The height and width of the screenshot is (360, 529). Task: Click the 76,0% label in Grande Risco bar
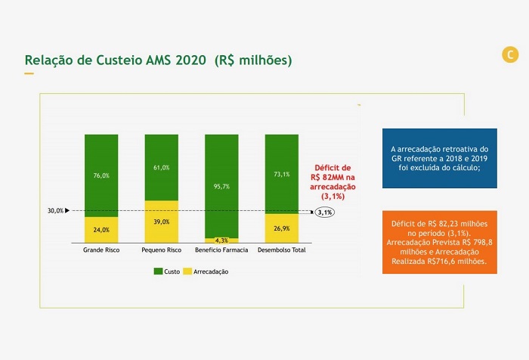pyautogui.click(x=101, y=175)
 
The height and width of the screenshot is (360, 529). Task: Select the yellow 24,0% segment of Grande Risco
pyautogui.click(x=101, y=229)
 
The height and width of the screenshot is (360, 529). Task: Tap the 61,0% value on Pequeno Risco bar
pyautogui.click(x=162, y=167)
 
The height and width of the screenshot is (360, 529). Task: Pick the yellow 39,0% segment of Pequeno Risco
pyautogui.click(x=162, y=222)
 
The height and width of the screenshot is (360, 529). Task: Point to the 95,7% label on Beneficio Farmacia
pyautogui.click(x=222, y=186)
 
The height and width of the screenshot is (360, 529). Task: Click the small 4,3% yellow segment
pyautogui.click(x=222, y=241)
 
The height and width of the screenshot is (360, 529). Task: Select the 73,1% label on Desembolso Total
pyautogui.click(x=282, y=174)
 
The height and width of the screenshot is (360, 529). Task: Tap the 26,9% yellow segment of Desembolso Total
pyautogui.click(x=282, y=228)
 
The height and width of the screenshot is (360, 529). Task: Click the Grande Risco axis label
pyautogui.click(x=101, y=249)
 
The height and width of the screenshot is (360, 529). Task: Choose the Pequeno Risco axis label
pyautogui.click(x=162, y=249)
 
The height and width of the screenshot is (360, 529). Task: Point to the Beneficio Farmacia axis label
pyautogui.click(x=222, y=249)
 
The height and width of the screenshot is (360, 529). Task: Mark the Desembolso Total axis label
pyautogui.click(x=282, y=249)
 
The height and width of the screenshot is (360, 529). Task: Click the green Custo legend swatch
pyautogui.click(x=158, y=271)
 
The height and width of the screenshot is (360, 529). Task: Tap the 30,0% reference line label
pyautogui.click(x=55, y=211)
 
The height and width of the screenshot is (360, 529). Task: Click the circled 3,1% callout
pyautogui.click(x=325, y=213)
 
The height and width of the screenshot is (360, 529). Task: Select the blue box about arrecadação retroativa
pyautogui.click(x=439, y=158)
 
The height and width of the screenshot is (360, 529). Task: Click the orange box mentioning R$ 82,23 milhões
pyautogui.click(x=439, y=242)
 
